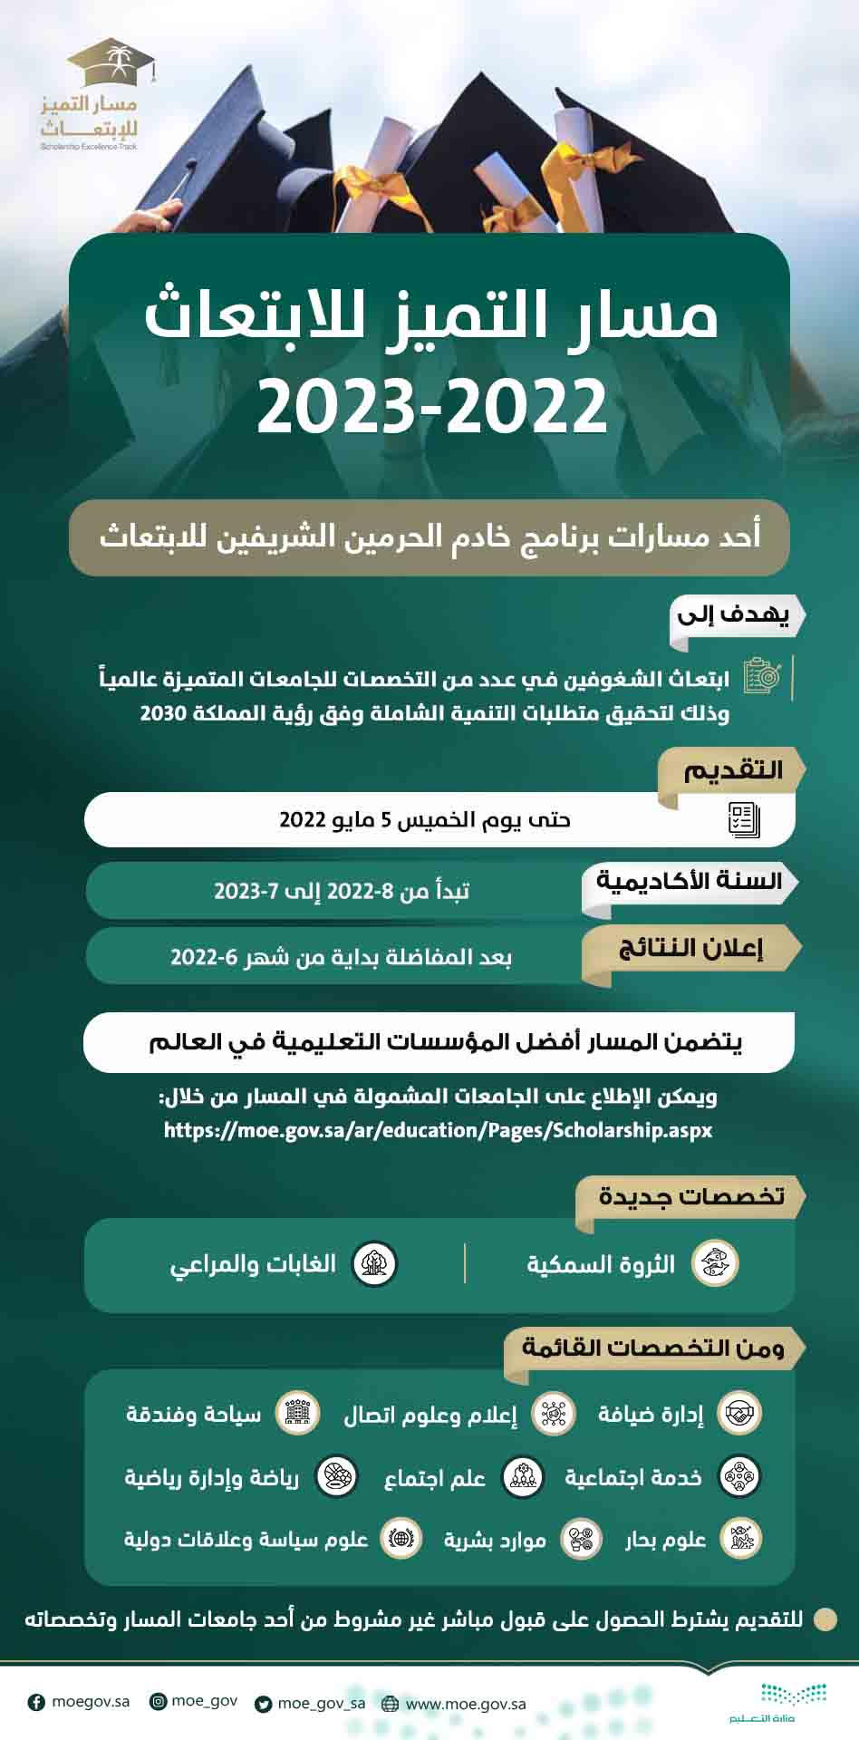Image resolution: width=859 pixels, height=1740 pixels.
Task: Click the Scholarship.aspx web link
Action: (x=438, y=1130)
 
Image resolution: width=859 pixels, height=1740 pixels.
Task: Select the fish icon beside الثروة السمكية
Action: (x=715, y=1263)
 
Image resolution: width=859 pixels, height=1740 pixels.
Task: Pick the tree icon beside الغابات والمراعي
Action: (x=373, y=1263)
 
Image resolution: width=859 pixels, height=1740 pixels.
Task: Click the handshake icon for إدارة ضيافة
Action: (x=739, y=1414)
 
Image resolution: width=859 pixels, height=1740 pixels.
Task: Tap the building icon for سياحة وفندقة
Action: (x=297, y=1414)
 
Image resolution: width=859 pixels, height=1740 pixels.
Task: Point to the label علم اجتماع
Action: (x=435, y=1478)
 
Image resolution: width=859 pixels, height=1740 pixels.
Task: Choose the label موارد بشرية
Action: (x=495, y=1540)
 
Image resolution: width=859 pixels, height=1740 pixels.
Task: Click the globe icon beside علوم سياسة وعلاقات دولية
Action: (x=400, y=1539)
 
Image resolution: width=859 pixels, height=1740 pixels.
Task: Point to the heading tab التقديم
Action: (x=732, y=770)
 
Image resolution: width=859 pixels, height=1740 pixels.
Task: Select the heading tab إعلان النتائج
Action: (x=690, y=949)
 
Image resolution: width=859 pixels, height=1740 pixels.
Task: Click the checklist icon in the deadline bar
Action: (x=744, y=819)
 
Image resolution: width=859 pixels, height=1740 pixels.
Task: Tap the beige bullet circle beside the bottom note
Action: (x=825, y=1619)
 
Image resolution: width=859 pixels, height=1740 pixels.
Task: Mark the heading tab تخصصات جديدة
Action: (x=690, y=1196)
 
